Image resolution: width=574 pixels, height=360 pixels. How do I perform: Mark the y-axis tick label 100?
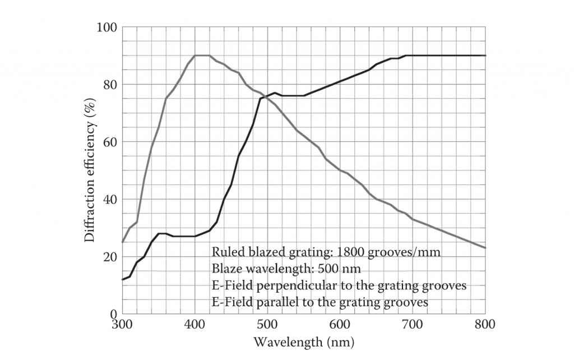tap(107, 27)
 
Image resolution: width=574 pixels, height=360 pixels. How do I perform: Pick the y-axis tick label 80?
tap(110, 85)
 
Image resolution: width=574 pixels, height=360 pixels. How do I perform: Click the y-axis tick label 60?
tap(110, 142)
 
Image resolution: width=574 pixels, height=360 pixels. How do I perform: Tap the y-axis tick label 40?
tap(110, 200)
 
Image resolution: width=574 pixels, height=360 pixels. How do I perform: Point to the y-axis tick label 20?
tap(110, 257)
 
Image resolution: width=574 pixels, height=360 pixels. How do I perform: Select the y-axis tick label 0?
tap(113, 314)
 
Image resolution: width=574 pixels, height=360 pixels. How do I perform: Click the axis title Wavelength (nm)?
tap(304, 341)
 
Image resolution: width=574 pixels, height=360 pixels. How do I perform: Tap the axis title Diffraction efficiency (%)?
tap(89, 170)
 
